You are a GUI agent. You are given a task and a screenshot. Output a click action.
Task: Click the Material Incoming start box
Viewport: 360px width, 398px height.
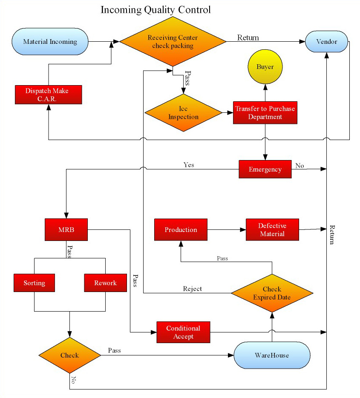(50, 41)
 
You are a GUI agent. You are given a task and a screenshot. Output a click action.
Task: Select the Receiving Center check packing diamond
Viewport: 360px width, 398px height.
(173, 41)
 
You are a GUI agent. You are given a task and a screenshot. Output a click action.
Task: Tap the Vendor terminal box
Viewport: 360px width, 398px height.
(326, 41)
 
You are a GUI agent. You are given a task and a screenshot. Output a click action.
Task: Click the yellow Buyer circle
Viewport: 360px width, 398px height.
(265, 67)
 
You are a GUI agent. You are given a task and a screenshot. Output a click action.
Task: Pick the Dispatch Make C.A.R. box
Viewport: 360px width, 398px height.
(49, 94)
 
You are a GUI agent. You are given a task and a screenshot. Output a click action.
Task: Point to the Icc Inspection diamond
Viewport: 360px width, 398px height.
(183, 113)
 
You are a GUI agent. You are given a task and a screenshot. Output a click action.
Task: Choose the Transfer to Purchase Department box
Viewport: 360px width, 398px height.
(265, 113)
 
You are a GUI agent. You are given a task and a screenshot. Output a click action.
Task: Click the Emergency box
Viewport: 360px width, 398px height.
(265, 169)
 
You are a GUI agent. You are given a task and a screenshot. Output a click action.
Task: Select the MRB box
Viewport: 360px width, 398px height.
(66, 229)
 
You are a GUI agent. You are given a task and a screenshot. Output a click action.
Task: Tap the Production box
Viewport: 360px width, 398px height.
(181, 229)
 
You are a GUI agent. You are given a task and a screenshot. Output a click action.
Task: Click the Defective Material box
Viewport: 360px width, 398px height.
(272, 229)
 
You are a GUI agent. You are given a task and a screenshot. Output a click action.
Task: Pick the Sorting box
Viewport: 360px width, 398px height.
(35, 283)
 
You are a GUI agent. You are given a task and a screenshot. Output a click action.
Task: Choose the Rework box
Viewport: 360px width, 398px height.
(105, 283)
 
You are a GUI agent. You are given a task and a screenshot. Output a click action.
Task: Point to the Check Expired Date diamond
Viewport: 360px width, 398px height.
(272, 293)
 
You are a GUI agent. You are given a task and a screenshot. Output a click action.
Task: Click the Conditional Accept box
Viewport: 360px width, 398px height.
(183, 332)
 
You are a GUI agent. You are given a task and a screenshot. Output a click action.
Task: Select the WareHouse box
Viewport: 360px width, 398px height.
(272, 355)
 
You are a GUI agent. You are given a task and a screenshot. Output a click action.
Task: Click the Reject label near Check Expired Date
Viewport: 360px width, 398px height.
(192, 289)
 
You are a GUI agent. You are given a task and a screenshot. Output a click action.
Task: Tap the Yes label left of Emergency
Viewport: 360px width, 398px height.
(189, 165)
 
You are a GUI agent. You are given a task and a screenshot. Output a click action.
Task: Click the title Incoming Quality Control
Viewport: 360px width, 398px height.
(156, 10)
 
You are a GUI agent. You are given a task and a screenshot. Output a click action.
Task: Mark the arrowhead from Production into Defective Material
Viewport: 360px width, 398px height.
(243, 229)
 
